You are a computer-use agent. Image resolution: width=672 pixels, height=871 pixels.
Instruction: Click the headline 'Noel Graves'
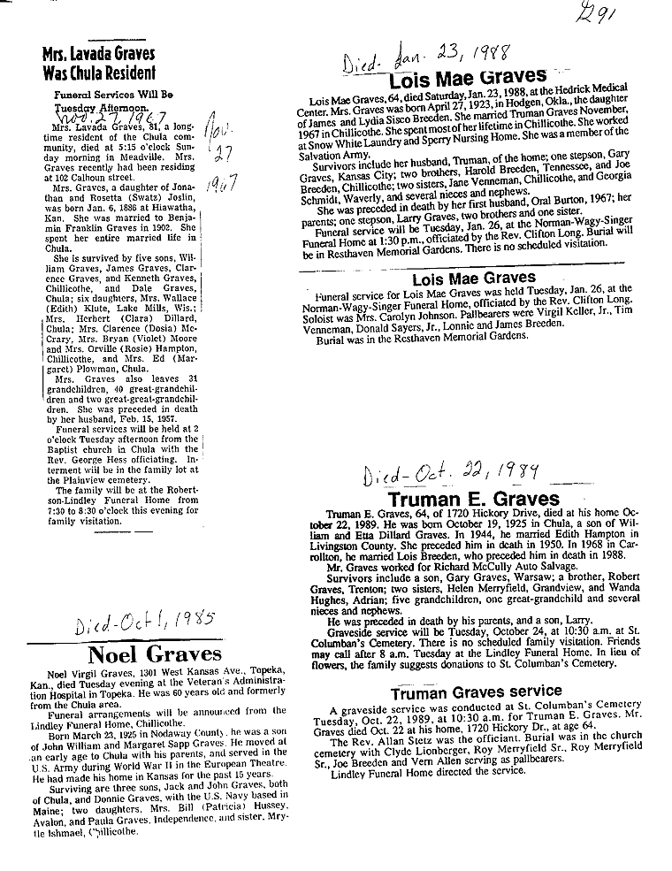click(x=156, y=654)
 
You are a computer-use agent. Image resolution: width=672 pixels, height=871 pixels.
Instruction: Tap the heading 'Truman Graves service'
click(x=477, y=691)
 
